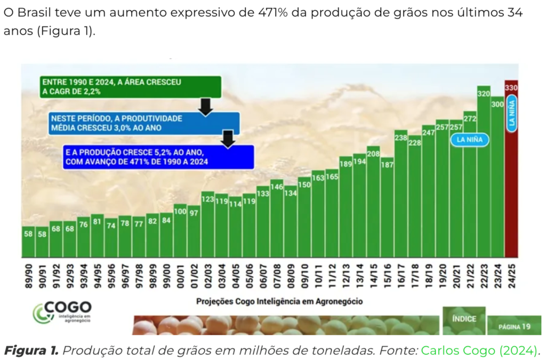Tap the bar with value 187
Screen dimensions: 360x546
coord(387,208)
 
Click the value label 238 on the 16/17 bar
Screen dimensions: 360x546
coord(401,138)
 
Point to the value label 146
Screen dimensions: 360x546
coord(277,187)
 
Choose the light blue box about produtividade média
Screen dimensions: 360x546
coord(143,123)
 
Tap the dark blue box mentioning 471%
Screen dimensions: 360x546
coord(158,156)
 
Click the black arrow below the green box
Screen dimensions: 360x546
coord(205,106)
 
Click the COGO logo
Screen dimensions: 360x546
coord(62,311)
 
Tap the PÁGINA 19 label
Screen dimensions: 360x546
coord(514,325)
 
